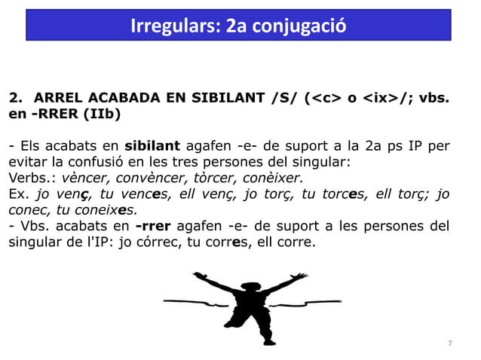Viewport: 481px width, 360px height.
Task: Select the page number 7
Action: tap(450, 343)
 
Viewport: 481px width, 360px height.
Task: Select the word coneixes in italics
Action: tap(109, 210)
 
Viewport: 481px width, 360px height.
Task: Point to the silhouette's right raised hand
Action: tap(295, 275)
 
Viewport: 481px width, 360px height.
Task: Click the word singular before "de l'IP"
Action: tap(34, 243)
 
